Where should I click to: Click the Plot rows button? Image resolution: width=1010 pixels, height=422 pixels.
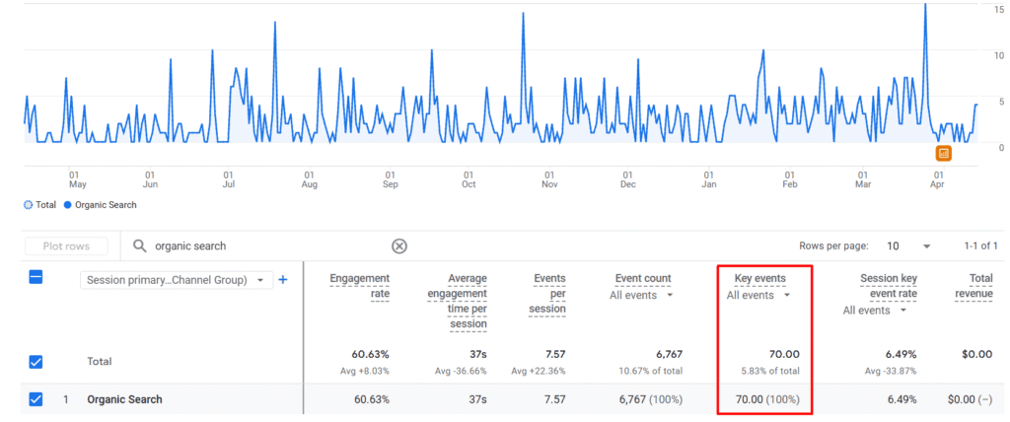tap(65, 246)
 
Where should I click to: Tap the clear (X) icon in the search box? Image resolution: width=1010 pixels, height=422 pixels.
tap(399, 246)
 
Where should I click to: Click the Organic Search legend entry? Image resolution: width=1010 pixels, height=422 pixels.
tap(101, 205)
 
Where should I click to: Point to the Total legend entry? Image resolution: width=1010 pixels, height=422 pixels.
tap(40, 205)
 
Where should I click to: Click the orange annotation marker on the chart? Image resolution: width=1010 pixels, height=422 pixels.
tap(944, 153)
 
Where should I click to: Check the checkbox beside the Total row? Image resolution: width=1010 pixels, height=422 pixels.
tap(36, 362)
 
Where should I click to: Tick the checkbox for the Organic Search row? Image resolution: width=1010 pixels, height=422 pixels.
tap(36, 399)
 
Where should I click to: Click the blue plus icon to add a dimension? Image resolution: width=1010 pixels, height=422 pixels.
tap(283, 280)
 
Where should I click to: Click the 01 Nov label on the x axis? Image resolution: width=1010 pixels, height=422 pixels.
tap(549, 179)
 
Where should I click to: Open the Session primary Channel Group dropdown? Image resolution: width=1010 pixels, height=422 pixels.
tap(176, 280)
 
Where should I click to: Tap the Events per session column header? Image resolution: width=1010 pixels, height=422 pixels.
tap(548, 293)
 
